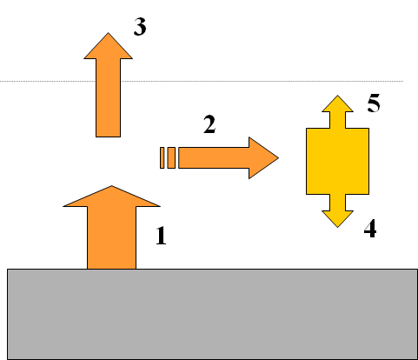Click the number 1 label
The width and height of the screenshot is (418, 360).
click(161, 236)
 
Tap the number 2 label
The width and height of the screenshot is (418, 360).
click(209, 124)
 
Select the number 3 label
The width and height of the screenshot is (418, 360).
click(140, 27)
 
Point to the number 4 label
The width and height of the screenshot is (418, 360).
click(370, 229)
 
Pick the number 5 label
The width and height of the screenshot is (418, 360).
click(374, 103)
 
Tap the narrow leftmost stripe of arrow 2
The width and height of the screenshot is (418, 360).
click(163, 157)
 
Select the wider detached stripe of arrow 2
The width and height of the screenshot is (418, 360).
click(171, 157)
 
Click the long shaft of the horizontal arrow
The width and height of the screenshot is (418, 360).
click(214, 157)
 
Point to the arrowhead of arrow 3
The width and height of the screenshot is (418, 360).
click(109, 46)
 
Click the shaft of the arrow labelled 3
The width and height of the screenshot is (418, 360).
click(109, 97)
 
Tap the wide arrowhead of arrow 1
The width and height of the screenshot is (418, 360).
click(111, 197)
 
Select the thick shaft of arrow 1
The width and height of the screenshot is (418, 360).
click(111, 237)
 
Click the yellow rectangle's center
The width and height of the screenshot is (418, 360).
click(337, 161)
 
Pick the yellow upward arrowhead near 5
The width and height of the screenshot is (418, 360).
click(337, 103)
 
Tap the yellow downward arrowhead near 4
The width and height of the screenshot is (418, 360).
click(337, 219)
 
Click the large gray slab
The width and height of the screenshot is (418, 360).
click(212, 314)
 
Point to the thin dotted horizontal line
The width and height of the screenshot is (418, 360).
click(202, 81)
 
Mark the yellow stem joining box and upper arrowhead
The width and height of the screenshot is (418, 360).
click(337, 120)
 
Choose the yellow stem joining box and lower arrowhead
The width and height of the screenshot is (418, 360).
click(337, 203)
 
